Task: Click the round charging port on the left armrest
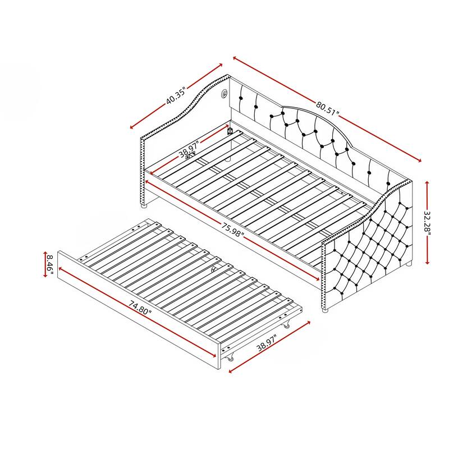(x=224, y=93)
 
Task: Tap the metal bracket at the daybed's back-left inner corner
(x=230, y=130)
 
